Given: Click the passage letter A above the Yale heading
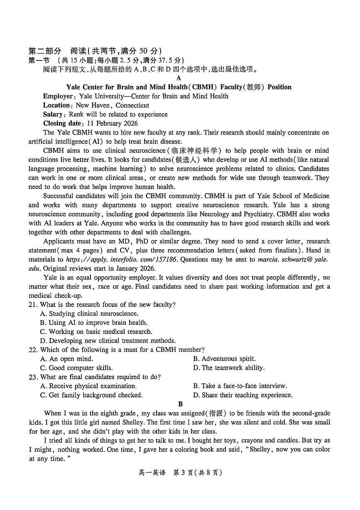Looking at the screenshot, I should (x=179, y=78).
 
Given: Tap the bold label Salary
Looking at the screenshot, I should (x=54, y=115).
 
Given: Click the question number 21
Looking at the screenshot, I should (x=33, y=305).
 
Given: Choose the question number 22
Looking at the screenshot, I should (x=33, y=350).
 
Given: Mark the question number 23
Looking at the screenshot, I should (x=33, y=377).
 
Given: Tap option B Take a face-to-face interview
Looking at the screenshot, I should (x=240, y=386).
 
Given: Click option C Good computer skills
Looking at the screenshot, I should (x=76, y=368).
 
